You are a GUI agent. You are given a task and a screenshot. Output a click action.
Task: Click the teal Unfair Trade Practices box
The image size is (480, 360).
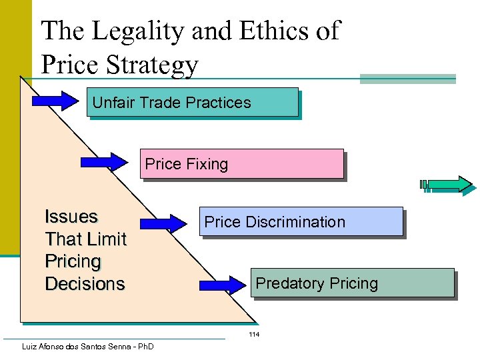pos(193,102)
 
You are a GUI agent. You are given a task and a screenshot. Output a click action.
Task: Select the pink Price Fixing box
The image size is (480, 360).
pos(241,163)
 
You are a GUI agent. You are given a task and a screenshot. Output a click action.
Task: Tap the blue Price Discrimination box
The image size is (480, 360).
pos(301,221)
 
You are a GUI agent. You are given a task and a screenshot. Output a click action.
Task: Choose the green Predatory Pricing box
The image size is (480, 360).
pos(353,283)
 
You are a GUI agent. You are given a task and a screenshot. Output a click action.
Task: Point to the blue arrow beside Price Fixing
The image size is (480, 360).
pos(104,162)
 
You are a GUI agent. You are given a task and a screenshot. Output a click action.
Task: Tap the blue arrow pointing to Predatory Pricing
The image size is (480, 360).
pos(224,285)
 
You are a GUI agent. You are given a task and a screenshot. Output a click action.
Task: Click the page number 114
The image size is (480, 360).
pos(254,334)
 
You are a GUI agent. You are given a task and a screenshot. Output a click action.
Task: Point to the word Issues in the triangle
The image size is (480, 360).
pos(71,217)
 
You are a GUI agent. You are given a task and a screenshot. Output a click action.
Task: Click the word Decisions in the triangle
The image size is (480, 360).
pos(85,284)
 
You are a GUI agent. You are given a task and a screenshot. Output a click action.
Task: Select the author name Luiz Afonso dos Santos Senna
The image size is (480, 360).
pos(73,347)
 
